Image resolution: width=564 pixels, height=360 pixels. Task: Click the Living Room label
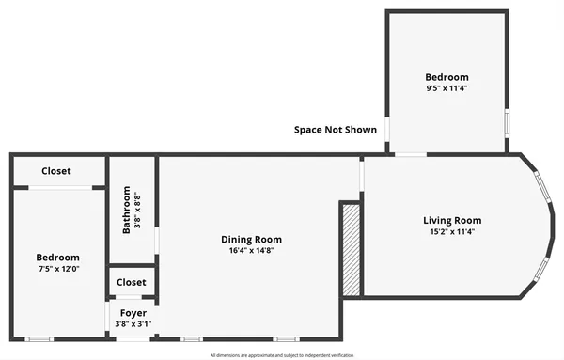pyautogui.click(x=451, y=221)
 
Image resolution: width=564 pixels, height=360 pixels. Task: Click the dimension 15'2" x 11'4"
pyautogui.click(x=451, y=232)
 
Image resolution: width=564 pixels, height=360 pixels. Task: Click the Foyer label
pyautogui.click(x=133, y=313)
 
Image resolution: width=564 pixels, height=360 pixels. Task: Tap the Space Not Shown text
pyautogui.click(x=336, y=130)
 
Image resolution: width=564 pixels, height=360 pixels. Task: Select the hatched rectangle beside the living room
pyautogui.click(x=351, y=250)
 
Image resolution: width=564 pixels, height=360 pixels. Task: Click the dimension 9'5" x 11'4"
pyautogui.click(x=446, y=89)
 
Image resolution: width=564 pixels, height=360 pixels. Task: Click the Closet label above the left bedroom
pyautogui.click(x=57, y=171)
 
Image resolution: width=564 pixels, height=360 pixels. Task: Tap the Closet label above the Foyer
pyautogui.click(x=132, y=282)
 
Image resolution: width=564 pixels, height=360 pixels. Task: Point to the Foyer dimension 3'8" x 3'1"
pyautogui.click(x=133, y=324)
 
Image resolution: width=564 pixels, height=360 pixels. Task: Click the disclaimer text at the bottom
pyautogui.click(x=281, y=355)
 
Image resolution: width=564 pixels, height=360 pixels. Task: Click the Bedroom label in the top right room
pyautogui.click(x=446, y=77)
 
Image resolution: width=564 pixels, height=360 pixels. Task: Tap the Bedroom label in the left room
pyautogui.click(x=57, y=258)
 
